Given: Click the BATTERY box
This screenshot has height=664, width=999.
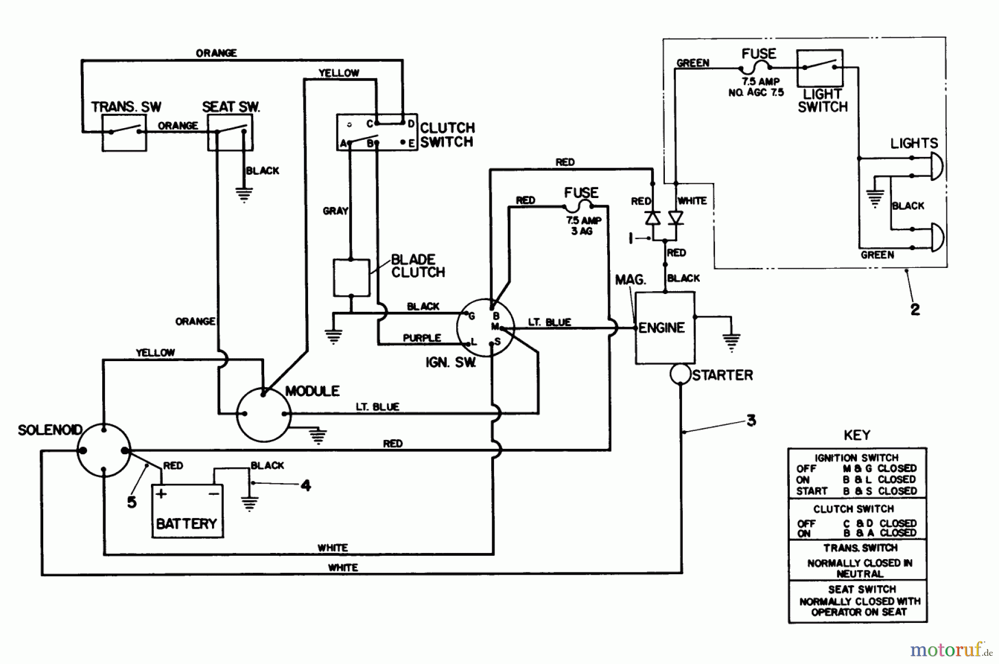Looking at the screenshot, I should click(188, 511).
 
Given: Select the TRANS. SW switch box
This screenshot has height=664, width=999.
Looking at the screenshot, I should click(124, 133).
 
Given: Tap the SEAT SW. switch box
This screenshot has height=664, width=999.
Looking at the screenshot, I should click(230, 133).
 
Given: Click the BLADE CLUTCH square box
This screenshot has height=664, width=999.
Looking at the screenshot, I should click(351, 277).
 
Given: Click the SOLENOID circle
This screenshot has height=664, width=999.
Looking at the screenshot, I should click(103, 451).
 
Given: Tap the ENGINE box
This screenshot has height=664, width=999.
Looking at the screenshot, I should click(664, 328).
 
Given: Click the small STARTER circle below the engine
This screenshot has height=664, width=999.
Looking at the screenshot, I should click(680, 374).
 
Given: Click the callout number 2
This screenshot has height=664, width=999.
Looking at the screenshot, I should click(915, 310).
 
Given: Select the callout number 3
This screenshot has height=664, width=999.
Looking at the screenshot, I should click(751, 420).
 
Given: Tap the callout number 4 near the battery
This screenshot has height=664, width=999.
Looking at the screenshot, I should click(306, 486).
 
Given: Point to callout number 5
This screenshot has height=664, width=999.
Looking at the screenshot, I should click(132, 503).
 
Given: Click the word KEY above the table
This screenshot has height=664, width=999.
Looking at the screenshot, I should click(857, 435).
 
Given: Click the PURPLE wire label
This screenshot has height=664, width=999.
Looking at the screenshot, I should click(422, 338).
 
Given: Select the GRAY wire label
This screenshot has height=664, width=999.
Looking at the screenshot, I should click(335, 211).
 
